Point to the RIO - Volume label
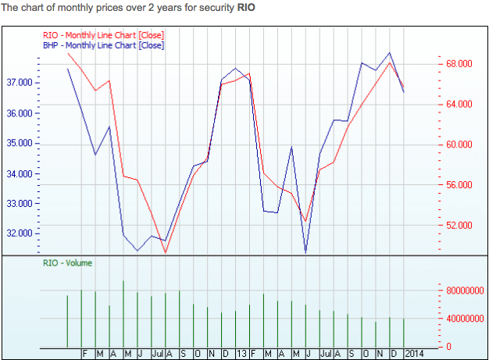(x=67, y=263)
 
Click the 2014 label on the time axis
(x=415, y=354)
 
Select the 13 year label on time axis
(x=241, y=354)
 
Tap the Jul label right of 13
(x=324, y=354)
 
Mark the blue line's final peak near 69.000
(x=390, y=53)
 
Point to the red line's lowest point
(x=166, y=252)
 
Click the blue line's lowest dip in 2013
(x=305, y=252)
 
